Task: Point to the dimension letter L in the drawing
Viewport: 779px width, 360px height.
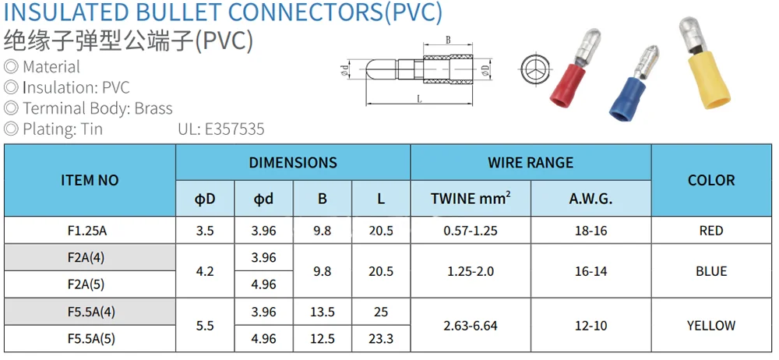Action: [x=419, y=99]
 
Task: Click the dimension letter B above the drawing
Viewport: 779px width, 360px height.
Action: [x=448, y=40]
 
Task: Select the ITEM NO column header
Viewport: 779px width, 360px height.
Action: [x=90, y=180]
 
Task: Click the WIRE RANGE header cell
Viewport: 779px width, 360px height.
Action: [x=530, y=163]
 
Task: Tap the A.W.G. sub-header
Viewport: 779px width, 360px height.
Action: [x=590, y=199]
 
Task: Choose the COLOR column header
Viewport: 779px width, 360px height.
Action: [x=711, y=180]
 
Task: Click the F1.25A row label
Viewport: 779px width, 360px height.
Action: [x=90, y=231]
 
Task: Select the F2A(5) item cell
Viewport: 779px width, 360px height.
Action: [x=90, y=284]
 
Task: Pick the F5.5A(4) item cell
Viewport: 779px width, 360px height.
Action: [x=90, y=312]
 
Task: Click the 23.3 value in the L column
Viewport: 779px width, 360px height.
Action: [x=381, y=339]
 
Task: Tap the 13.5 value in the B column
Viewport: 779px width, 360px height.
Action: [x=323, y=312]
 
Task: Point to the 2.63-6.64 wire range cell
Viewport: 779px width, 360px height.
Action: [x=471, y=326]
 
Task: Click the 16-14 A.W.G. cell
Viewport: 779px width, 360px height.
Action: [x=590, y=271]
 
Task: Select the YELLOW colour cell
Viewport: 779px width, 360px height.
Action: [x=711, y=326]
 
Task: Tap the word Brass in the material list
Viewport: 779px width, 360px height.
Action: [x=153, y=108]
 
